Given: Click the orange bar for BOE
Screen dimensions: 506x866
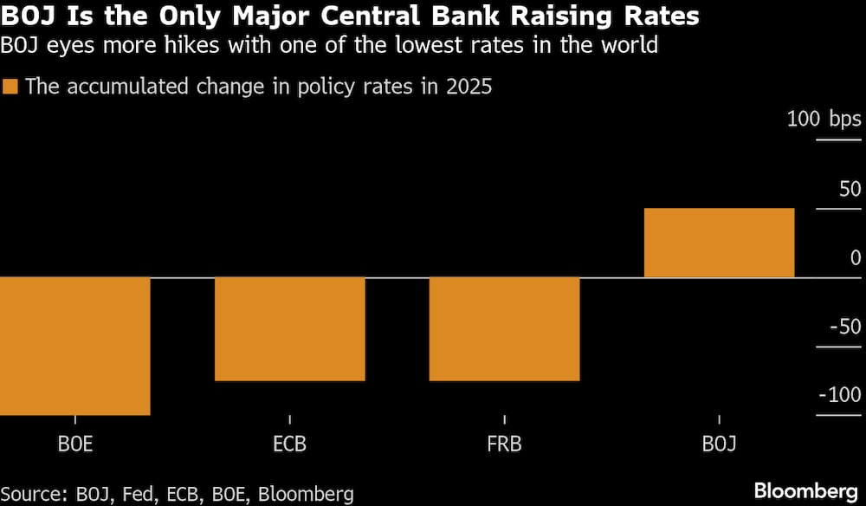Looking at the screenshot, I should (x=75, y=346).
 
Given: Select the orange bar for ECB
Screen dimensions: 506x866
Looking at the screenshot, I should (x=289, y=328).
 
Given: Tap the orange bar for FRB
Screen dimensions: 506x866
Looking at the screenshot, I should (x=504, y=328).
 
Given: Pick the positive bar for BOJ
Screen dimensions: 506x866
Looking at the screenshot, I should (x=719, y=243).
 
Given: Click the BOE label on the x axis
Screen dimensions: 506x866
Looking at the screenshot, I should (x=75, y=445).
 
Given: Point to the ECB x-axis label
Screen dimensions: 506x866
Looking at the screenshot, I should (x=289, y=445).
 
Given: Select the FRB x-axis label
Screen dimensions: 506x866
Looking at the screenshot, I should (x=504, y=445).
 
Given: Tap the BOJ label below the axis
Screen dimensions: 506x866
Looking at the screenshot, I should (x=719, y=445).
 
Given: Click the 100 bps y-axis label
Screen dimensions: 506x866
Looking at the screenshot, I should (x=824, y=119).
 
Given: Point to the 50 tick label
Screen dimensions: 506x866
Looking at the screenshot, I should (x=850, y=188).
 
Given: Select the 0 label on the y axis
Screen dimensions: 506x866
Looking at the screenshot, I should (x=856, y=257).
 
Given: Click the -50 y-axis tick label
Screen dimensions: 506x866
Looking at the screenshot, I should (x=844, y=327).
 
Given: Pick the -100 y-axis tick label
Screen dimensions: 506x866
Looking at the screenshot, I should (x=839, y=395).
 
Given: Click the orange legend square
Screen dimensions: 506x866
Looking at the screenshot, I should (x=10, y=87).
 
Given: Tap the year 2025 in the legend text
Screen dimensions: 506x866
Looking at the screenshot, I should (x=469, y=87).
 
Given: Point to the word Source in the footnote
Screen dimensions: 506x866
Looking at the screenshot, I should (x=35, y=494).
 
